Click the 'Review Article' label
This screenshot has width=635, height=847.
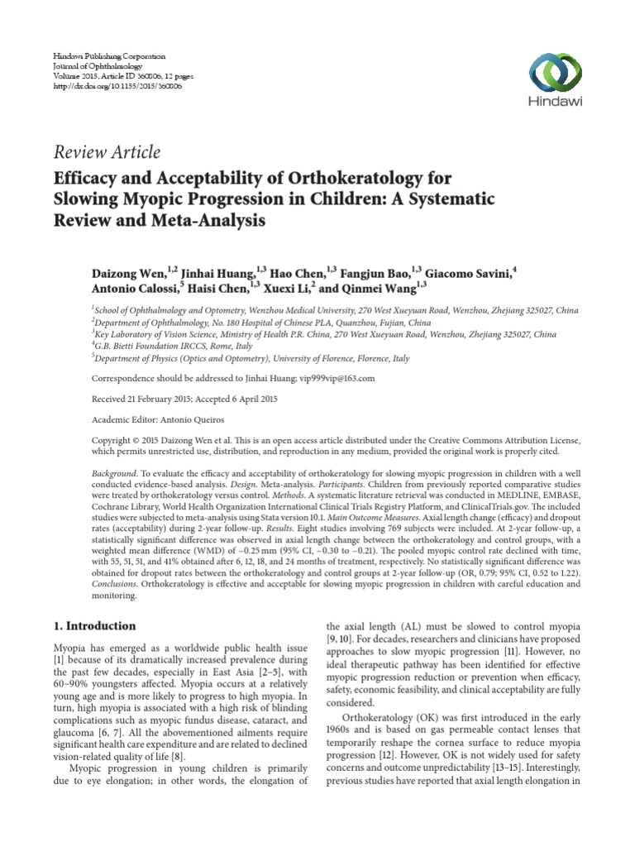106,151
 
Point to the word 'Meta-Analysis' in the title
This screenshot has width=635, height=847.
217,221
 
